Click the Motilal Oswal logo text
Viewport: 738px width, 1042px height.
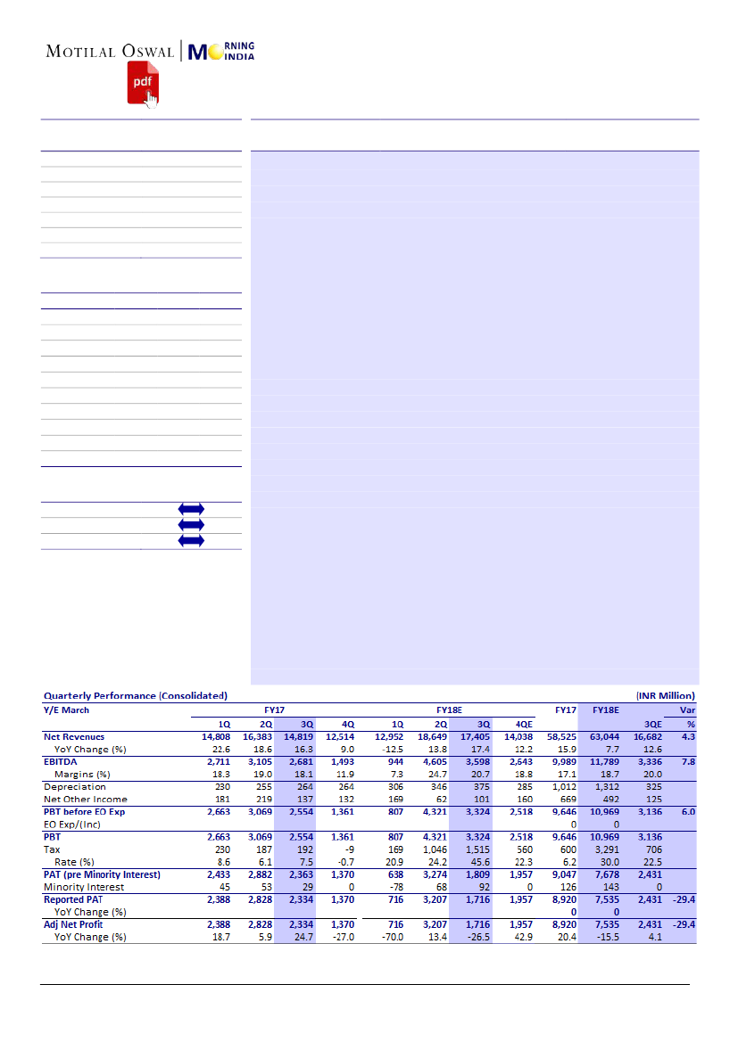point(110,52)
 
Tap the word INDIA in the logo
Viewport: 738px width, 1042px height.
point(239,57)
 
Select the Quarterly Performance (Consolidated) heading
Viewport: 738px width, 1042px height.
point(136,695)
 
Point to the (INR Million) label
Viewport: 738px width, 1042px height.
point(665,695)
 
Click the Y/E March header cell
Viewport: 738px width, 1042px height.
point(67,710)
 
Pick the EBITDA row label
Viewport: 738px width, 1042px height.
point(62,762)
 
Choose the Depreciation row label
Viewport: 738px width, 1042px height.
point(75,787)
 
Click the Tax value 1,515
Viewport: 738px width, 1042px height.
point(477,850)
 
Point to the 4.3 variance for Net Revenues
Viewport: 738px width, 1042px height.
point(687,737)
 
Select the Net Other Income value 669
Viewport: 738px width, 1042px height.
point(564,800)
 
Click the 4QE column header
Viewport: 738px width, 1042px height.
point(519,725)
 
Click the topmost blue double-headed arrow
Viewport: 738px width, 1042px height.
point(191,509)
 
